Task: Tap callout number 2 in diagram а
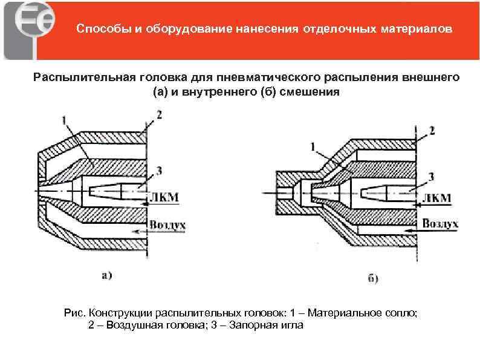coord(158,114)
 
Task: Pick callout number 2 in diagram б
coord(432,130)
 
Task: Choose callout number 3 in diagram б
coord(430,176)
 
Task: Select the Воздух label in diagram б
coord(440,224)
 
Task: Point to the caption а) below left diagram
coord(106,275)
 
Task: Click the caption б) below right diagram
coord(373,279)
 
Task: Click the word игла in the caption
coord(296,325)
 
